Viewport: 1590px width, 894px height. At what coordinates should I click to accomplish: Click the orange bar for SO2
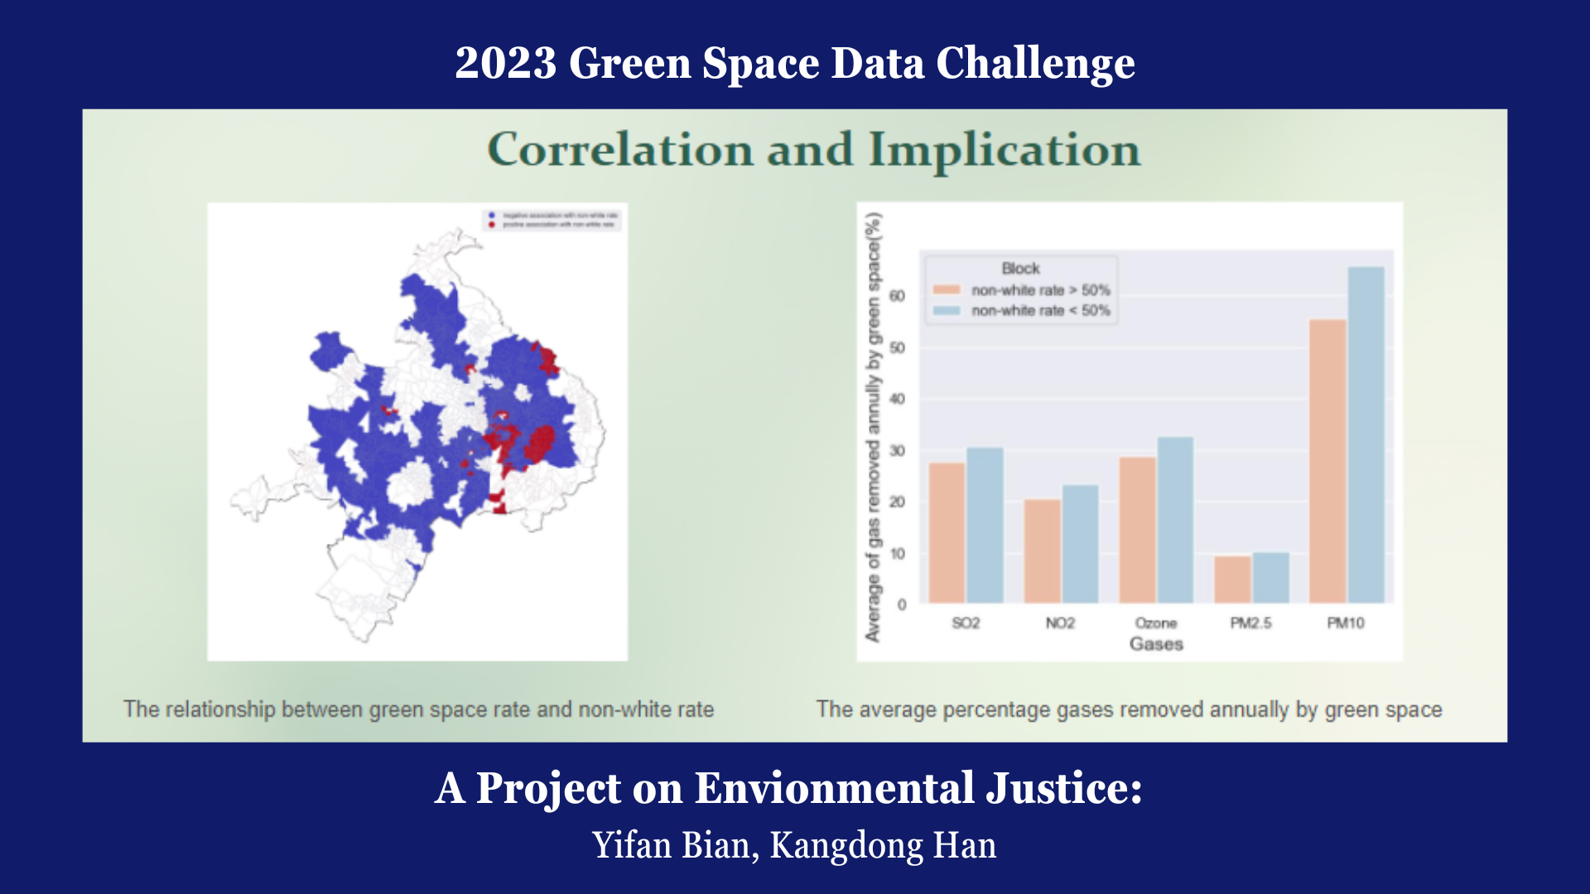[x=947, y=533]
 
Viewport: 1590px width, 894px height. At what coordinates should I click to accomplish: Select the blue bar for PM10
[x=1366, y=435]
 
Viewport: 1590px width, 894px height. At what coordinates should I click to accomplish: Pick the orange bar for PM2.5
[x=1232, y=579]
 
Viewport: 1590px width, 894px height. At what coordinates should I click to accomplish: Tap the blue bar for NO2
[x=1080, y=544]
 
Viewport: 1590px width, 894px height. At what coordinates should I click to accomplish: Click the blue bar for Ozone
[x=1174, y=520]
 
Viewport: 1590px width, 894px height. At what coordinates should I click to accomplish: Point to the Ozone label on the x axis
[x=1155, y=622]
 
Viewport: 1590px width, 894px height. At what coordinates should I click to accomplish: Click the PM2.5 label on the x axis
[x=1250, y=622]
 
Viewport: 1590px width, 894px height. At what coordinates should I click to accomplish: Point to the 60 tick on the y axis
[x=897, y=296]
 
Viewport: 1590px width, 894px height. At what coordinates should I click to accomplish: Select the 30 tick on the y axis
[x=897, y=451]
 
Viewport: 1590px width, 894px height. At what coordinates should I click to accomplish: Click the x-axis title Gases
[x=1156, y=644]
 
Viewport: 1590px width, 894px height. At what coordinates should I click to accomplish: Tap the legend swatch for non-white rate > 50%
[x=946, y=290]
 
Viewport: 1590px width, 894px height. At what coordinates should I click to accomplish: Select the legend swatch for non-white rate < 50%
[x=946, y=310]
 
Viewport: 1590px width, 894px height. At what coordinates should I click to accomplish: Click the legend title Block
[x=1020, y=268]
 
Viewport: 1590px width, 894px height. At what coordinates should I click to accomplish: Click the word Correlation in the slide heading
[x=620, y=150]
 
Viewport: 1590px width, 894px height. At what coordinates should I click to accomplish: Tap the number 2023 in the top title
[x=505, y=64]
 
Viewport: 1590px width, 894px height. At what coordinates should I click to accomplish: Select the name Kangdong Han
[x=883, y=845]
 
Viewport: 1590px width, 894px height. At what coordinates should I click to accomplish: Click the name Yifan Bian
[x=671, y=845]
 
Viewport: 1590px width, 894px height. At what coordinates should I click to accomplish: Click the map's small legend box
[x=552, y=219]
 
